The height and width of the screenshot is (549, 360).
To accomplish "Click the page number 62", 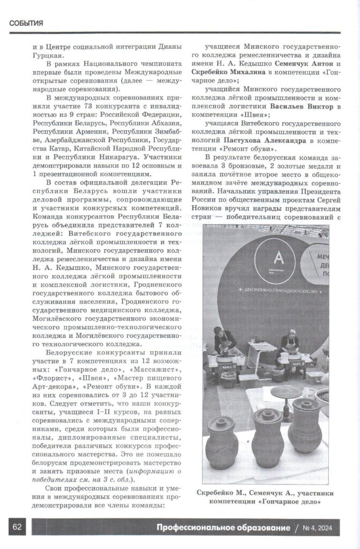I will click(16, 526).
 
